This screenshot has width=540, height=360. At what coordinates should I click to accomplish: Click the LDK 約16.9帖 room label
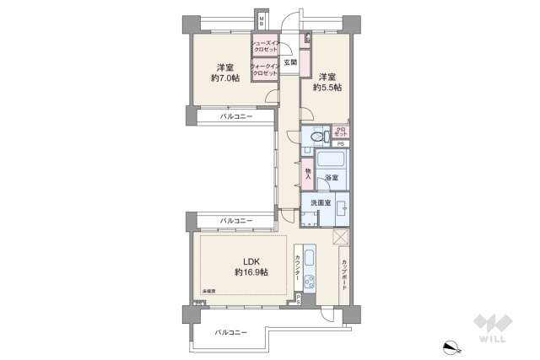(251, 266)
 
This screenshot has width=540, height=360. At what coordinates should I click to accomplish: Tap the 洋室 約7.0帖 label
(225, 73)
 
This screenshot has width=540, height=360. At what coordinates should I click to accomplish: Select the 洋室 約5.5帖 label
(330, 81)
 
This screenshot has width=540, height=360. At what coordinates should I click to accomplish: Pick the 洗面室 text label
(320, 203)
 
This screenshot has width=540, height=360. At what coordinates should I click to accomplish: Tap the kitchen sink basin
(308, 258)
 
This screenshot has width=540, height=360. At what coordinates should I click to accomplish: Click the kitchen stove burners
(309, 282)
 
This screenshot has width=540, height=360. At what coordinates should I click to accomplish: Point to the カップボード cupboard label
(344, 275)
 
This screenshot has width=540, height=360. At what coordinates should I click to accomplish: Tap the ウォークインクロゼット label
(265, 71)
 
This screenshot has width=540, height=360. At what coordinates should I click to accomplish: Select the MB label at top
(262, 20)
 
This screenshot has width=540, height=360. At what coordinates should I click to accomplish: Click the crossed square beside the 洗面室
(341, 238)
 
